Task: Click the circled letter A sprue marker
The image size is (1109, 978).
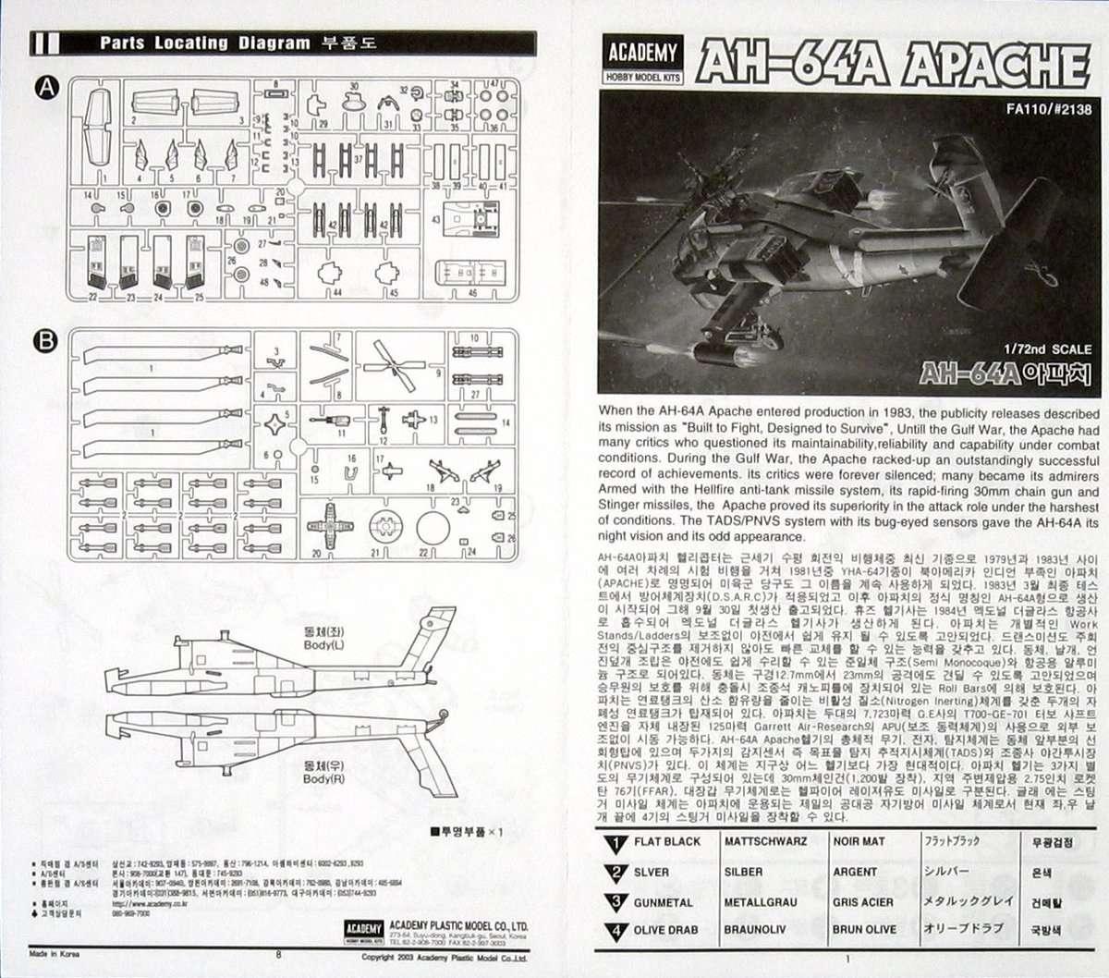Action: pos(46,88)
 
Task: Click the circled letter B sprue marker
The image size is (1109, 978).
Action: pos(46,341)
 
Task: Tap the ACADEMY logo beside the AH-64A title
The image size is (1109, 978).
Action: pos(642,60)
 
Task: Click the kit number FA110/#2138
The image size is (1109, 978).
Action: pos(1049,108)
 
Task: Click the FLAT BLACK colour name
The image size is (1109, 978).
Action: pos(666,841)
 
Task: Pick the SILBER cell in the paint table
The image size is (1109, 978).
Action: pos(744,872)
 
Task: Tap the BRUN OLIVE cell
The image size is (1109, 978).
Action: pos(864,930)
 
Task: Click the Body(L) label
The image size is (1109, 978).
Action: pos(323,638)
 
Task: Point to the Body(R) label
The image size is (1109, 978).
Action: pos(323,773)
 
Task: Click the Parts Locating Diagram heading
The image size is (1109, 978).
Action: pos(205,43)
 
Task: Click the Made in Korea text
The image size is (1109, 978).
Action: pos(54,953)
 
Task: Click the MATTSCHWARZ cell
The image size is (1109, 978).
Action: pos(765,841)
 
